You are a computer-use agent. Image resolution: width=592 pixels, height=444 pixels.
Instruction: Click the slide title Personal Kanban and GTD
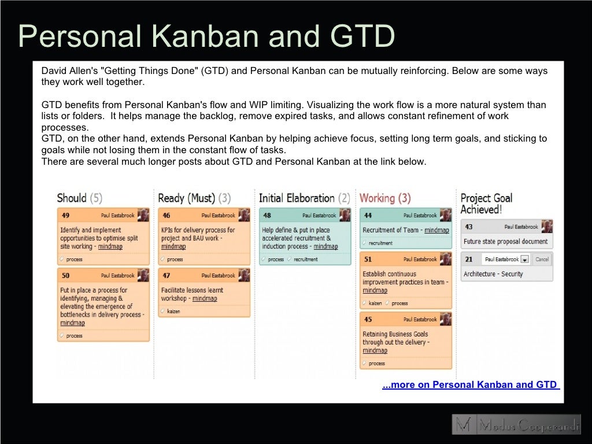click(x=206, y=36)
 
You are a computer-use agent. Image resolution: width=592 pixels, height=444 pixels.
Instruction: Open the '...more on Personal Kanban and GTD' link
click(x=471, y=385)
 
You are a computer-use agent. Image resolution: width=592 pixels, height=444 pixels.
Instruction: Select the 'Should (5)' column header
click(x=79, y=198)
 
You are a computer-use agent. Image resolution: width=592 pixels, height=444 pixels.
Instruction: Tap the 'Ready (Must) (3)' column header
click(x=194, y=198)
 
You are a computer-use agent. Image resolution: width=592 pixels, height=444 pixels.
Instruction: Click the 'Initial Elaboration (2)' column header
click(x=304, y=198)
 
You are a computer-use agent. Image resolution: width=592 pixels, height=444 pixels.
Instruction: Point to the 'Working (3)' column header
click(x=385, y=198)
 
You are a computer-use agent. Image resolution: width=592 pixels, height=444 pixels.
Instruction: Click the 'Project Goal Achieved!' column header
click(x=486, y=203)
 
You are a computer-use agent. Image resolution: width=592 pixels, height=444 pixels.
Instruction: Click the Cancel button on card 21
click(x=542, y=260)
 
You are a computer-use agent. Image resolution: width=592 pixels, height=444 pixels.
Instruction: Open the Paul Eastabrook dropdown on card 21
click(x=524, y=260)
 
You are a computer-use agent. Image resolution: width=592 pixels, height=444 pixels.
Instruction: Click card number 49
click(x=66, y=216)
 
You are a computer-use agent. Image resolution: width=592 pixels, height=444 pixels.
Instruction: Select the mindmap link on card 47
click(x=205, y=299)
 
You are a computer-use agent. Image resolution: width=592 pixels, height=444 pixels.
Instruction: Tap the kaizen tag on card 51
click(x=375, y=304)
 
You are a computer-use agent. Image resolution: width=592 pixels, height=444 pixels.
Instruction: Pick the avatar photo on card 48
click(x=345, y=215)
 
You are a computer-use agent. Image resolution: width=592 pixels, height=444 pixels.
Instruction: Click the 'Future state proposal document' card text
click(x=505, y=242)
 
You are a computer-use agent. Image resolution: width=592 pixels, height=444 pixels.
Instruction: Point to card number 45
click(x=368, y=320)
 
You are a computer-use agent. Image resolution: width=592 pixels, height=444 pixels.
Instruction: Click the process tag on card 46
click(x=175, y=260)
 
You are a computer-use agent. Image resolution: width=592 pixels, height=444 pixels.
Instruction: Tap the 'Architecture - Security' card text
click(x=493, y=274)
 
